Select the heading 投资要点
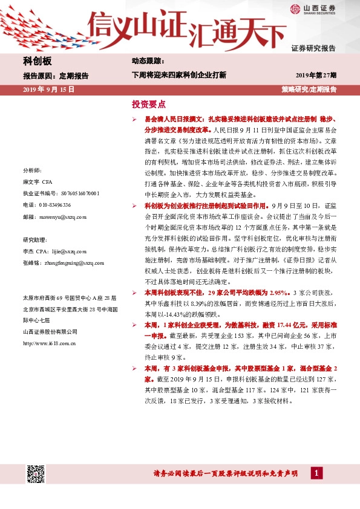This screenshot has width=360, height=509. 149,103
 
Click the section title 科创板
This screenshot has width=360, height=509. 38,61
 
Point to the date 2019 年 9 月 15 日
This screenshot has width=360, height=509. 48,89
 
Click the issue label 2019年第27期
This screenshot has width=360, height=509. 316,75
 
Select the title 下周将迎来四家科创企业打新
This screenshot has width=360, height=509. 179,75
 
